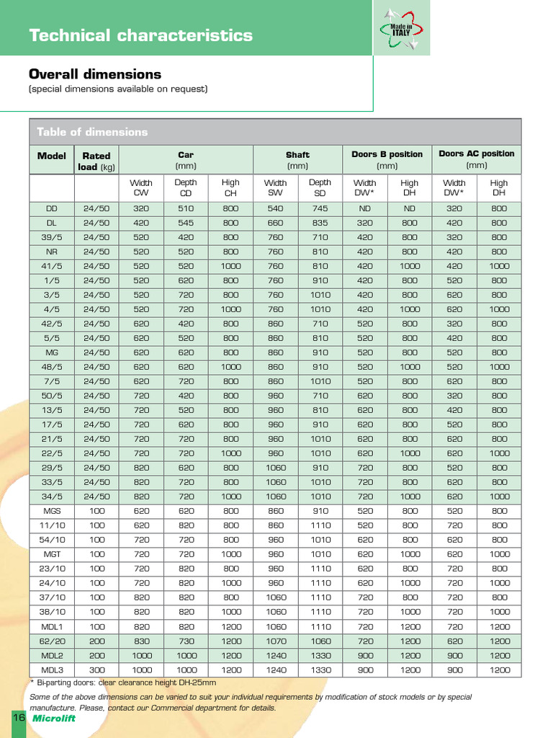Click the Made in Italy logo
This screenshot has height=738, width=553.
tap(401, 29)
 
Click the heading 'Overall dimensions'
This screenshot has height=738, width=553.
tap(94, 74)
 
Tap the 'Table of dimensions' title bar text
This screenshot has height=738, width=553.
tap(92, 132)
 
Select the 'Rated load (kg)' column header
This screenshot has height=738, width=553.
tap(96, 161)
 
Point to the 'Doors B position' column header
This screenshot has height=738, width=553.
tap(387, 154)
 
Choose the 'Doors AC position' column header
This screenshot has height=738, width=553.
tap(476, 154)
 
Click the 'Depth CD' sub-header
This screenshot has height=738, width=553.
tap(186, 187)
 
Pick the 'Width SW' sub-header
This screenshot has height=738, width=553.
tap(275, 187)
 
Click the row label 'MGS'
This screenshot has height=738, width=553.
tap(52, 511)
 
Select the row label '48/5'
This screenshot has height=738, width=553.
tap(52, 367)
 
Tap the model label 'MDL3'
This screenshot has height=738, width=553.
tap(52, 670)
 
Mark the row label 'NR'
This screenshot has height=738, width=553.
tap(52, 252)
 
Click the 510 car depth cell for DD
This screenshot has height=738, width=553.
tap(186, 208)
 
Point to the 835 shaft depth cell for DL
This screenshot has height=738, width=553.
tap(320, 223)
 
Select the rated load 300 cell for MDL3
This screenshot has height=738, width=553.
tap(96, 670)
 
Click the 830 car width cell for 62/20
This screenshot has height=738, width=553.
tap(141, 641)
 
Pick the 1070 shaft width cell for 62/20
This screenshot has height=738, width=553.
tap(275, 641)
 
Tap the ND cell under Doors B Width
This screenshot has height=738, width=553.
tap(364, 208)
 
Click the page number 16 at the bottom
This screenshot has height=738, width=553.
tap(18, 718)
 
